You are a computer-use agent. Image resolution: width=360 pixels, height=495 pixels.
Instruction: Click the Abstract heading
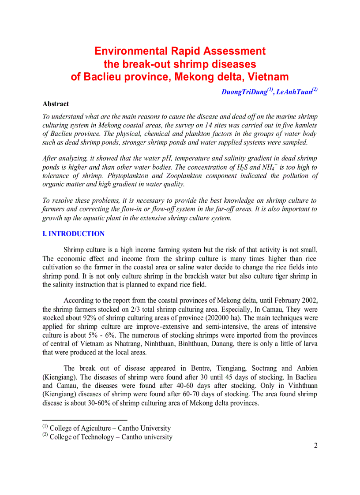[56, 104]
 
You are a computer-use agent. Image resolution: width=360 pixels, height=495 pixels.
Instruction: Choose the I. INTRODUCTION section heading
[73, 234]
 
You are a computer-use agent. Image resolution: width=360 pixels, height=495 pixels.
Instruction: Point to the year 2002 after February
[309, 301]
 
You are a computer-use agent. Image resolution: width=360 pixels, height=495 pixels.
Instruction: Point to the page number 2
[315, 445]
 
